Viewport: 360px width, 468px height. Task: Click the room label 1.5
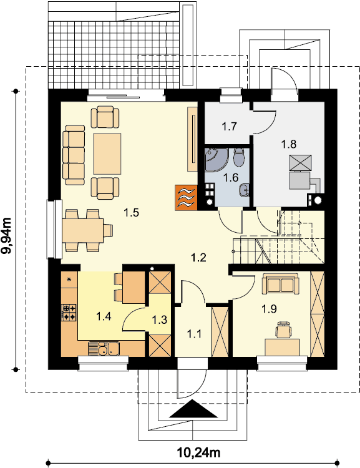(132, 213)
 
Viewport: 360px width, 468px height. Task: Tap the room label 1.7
(229, 126)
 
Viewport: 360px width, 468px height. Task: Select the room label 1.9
(269, 309)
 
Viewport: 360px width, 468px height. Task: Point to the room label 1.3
(159, 320)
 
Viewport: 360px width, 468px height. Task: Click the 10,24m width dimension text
(198, 453)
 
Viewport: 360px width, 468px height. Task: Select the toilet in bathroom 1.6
(239, 157)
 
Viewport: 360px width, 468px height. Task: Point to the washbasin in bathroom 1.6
(245, 190)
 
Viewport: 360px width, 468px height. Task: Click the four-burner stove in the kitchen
(69, 312)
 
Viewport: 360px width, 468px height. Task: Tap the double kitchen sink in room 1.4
(104, 348)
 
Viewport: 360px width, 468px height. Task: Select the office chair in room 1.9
(283, 329)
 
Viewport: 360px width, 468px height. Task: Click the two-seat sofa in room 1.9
(281, 284)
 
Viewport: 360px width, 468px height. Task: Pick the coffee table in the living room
(107, 154)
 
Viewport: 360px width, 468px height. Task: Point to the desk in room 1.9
(282, 348)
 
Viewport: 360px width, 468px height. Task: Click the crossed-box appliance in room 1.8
(300, 163)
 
